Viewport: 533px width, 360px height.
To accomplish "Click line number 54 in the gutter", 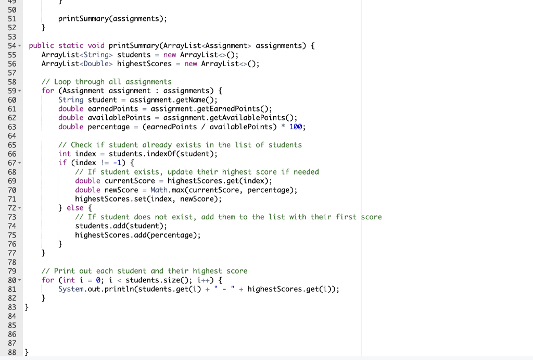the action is (12, 46).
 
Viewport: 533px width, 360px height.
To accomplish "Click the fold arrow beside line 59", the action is (19, 91).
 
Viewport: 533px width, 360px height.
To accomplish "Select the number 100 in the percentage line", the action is (296, 127).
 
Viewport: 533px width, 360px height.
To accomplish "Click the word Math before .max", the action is (158, 190).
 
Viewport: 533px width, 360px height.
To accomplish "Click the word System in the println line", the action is (71, 289).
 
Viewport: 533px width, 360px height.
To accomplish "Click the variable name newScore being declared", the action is (121, 190).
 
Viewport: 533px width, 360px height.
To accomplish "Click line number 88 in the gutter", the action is (12, 352).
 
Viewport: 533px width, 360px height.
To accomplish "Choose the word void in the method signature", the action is (96, 46).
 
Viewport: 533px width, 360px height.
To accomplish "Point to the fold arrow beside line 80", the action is (19, 280).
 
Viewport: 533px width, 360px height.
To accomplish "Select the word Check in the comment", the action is (81, 145).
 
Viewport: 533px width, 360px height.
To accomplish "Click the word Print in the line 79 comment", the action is (65, 271).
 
